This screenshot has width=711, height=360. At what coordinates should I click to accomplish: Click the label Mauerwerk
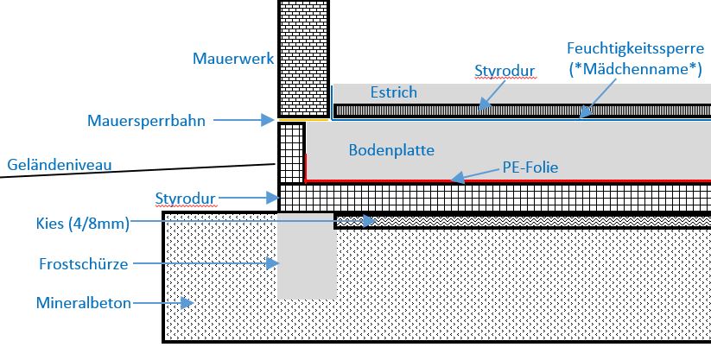click(x=234, y=59)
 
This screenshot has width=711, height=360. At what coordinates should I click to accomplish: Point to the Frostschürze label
click(x=84, y=263)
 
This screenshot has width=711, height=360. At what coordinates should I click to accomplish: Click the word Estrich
click(x=393, y=92)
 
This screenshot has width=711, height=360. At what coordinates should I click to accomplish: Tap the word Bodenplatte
click(x=391, y=149)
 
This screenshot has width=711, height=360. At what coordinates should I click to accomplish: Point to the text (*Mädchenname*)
click(x=635, y=70)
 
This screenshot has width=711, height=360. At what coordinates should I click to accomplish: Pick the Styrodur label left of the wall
click(x=184, y=199)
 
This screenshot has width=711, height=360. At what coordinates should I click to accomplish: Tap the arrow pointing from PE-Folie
click(x=474, y=175)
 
